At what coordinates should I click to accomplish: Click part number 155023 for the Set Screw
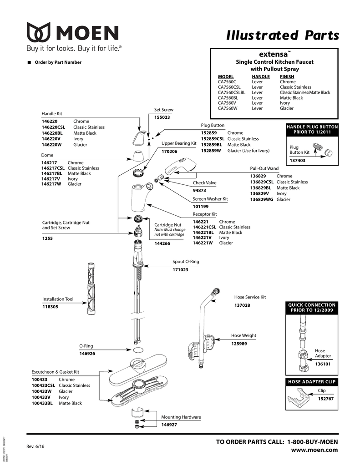[162, 117]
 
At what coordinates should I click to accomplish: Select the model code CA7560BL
[228, 98]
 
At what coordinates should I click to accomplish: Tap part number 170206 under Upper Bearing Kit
[169, 151]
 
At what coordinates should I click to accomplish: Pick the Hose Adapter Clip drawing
[300, 399]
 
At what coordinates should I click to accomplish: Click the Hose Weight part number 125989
[239, 344]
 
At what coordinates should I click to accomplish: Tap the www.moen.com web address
[314, 450]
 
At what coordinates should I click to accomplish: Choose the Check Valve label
[204, 183]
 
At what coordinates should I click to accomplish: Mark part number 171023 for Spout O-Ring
[180, 270]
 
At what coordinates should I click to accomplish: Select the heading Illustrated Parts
[283, 35]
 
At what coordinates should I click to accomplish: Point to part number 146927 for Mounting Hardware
[169, 425]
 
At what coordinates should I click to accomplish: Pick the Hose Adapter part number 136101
[323, 364]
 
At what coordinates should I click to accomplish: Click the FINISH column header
[287, 76]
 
